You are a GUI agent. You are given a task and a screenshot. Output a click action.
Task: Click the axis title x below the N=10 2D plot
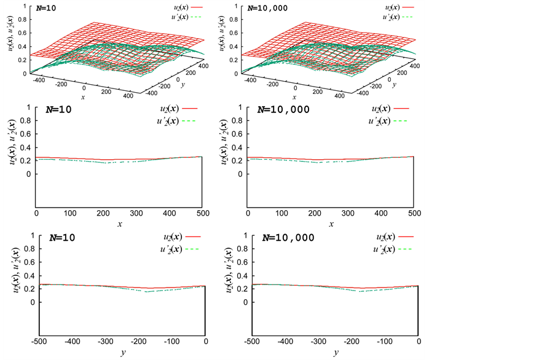(120, 225)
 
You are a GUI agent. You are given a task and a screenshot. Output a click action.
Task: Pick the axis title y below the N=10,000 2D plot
(336, 353)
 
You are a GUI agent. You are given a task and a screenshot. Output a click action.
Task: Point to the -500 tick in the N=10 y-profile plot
(39, 342)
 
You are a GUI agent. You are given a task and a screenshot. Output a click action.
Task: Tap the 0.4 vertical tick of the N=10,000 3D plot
(234, 46)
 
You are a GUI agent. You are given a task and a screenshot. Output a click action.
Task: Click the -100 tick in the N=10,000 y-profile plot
(385, 342)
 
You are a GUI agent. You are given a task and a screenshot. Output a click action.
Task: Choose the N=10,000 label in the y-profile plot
(289, 238)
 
